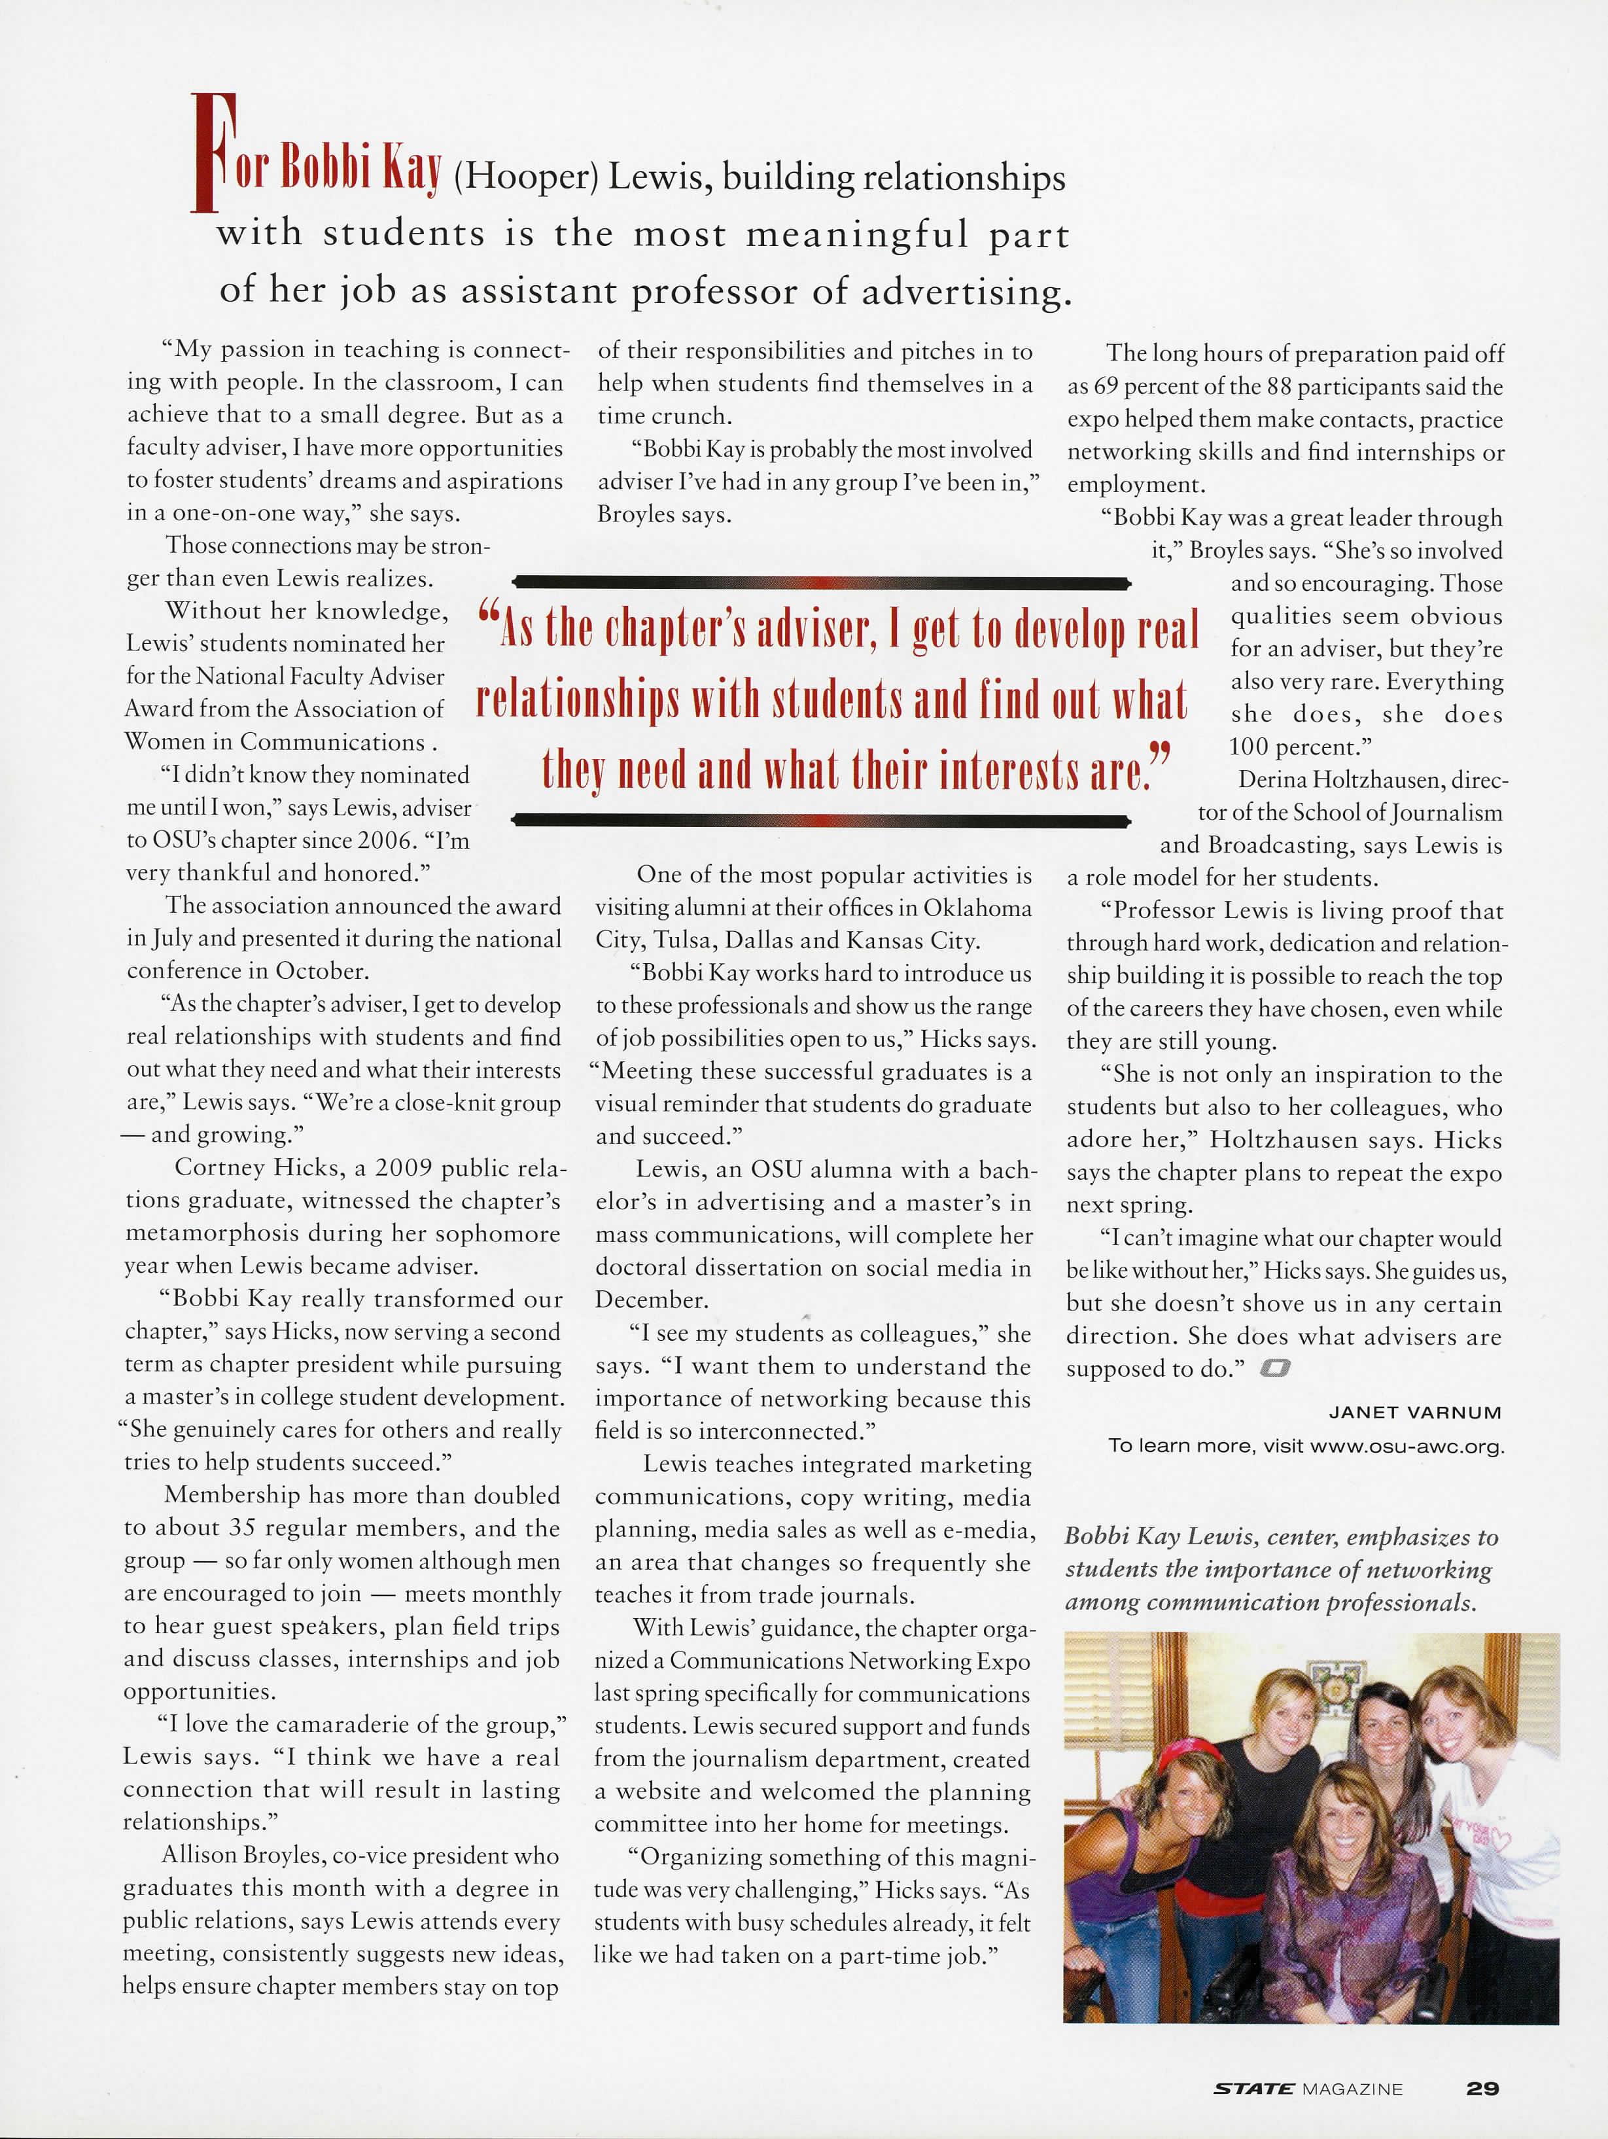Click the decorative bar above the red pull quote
821,583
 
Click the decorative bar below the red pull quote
821,822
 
